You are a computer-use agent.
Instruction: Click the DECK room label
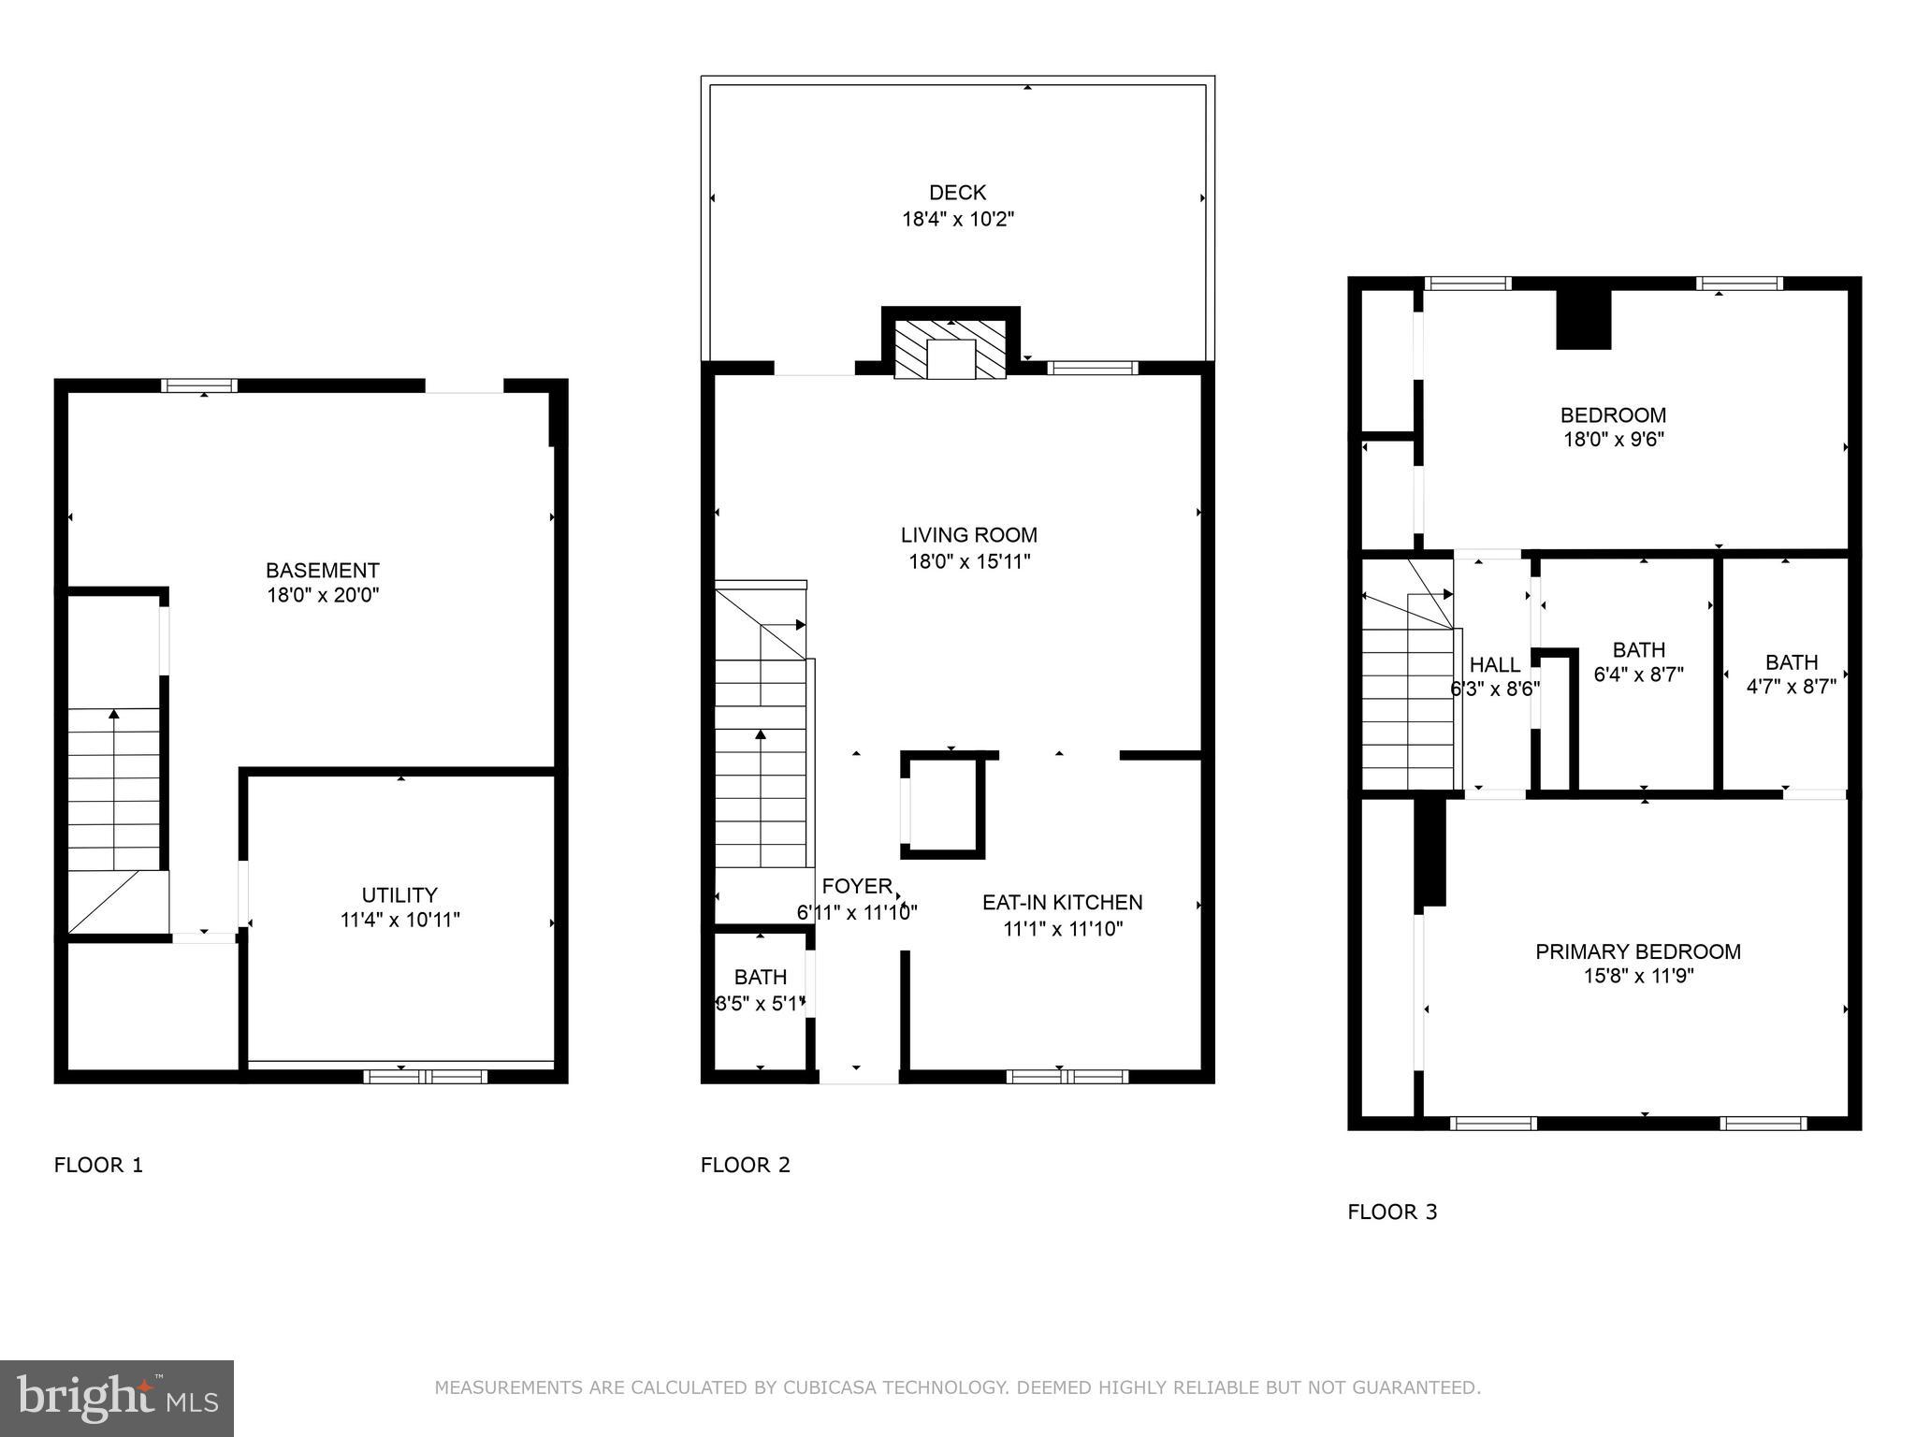coord(957,193)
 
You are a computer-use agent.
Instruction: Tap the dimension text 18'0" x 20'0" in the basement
coord(323,595)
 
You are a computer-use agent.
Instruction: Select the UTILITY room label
coord(399,894)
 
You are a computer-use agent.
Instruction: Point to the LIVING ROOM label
coord(968,535)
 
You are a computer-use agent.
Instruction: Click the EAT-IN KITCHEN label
coord(1062,903)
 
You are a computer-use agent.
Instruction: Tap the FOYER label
coord(856,886)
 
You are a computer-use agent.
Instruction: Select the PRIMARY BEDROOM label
coord(1637,951)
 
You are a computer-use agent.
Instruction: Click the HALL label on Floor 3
coord(1494,665)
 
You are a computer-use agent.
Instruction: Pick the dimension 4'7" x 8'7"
coord(1791,687)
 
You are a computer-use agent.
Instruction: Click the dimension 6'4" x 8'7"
coord(1638,675)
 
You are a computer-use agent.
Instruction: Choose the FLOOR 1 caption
coord(98,1165)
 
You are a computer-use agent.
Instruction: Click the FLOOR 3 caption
coord(1391,1212)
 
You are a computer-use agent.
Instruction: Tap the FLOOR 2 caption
coord(745,1165)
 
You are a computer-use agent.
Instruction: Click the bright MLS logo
coord(116,1398)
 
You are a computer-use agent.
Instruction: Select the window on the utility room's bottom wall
coord(425,1077)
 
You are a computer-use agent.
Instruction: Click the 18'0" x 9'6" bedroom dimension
coord(1613,439)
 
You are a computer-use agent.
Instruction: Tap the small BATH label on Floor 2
coord(760,978)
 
